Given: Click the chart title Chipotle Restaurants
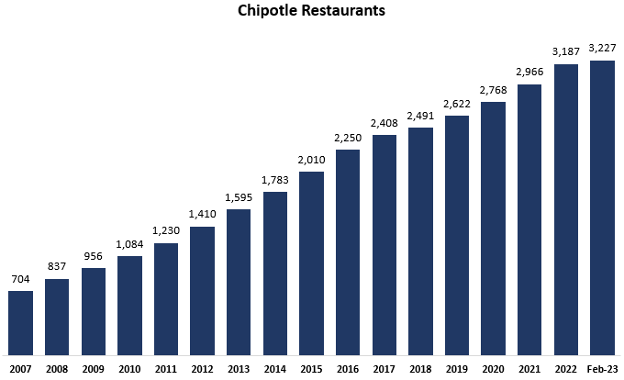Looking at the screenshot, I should pyautogui.click(x=311, y=12).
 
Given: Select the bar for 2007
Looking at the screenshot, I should pyautogui.click(x=20, y=322).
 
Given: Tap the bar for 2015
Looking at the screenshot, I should pyautogui.click(x=311, y=263).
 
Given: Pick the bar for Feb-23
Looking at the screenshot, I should pyautogui.click(x=602, y=207).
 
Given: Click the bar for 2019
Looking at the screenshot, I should pyautogui.click(x=457, y=235).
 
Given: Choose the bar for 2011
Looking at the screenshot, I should pyautogui.click(x=166, y=298).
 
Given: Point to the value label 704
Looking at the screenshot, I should pyautogui.click(x=20, y=279).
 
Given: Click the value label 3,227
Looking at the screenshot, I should pyautogui.click(x=602, y=48).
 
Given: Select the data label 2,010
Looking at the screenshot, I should pyautogui.click(x=311, y=159).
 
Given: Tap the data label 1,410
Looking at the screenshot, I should pyautogui.click(x=202, y=214).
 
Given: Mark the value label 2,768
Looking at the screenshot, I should pyautogui.click(x=493, y=89).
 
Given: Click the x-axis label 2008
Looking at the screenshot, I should pyautogui.click(x=57, y=368).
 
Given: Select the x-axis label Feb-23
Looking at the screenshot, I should pyautogui.click(x=602, y=368).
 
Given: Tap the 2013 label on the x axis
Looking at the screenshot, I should pyautogui.click(x=239, y=368).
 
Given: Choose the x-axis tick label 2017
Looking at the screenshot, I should pyautogui.click(x=384, y=368).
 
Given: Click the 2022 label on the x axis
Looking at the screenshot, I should pyautogui.click(x=565, y=368).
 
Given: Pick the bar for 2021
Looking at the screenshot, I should pyautogui.click(x=529, y=219).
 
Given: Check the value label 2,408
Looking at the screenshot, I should pyautogui.click(x=384, y=122).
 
